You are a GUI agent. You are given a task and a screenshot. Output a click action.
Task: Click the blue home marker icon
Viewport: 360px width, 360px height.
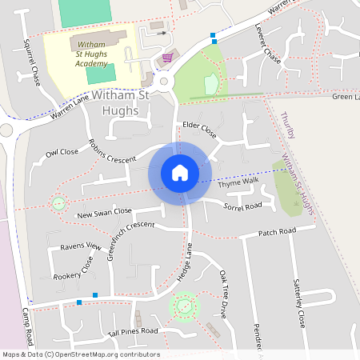[x=180, y=172]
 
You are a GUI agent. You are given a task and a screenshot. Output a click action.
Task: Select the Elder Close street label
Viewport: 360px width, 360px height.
[x=200, y=126]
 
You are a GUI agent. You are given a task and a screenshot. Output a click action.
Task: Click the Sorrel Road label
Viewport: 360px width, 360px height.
[x=243, y=206]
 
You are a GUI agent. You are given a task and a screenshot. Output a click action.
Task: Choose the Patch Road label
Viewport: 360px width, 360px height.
[x=277, y=232]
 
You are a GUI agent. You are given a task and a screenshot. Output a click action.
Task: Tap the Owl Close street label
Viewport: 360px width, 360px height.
[x=62, y=152]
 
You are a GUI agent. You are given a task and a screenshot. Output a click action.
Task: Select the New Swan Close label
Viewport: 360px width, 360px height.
[x=104, y=212]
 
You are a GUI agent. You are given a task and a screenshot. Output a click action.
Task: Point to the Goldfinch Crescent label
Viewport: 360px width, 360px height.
[x=124, y=227]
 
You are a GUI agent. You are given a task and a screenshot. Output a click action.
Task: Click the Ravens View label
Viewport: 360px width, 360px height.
[x=80, y=247]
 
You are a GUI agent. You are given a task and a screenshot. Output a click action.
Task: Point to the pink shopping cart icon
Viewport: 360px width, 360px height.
[x=167, y=57]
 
